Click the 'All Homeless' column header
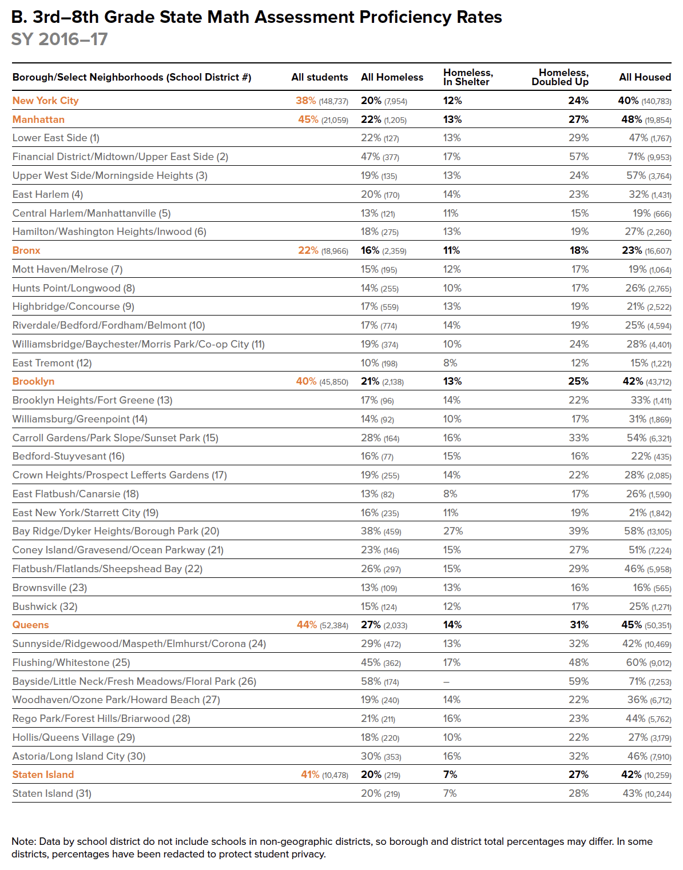(x=392, y=77)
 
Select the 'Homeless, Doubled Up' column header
(x=560, y=77)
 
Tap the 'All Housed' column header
(x=645, y=77)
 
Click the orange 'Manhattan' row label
(x=38, y=119)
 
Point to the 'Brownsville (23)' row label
(x=50, y=588)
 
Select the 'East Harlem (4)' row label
(x=47, y=194)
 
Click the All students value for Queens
(x=322, y=625)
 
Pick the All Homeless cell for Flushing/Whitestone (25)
(x=380, y=663)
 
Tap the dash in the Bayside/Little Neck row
(x=446, y=682)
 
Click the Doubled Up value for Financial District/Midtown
(x=578, y=157)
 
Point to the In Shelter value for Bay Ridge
(x=453, y=531)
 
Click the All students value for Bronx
(x=323, y=250)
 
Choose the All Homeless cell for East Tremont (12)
(x=379, y=363)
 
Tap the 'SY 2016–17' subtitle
(x=59, y=39)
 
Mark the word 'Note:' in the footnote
(x=23, y=841)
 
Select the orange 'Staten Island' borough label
(x=43, y=775)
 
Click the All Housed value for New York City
(x=644, y=101)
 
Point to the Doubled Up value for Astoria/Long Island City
(x=578, y=756)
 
